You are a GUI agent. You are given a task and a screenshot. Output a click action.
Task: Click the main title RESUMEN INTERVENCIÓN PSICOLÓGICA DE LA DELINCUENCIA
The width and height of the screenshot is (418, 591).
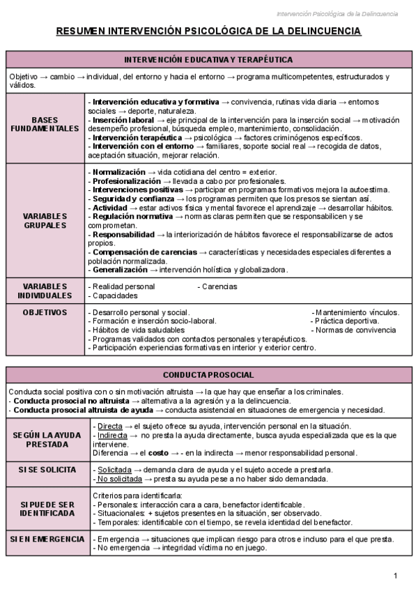(208, 31)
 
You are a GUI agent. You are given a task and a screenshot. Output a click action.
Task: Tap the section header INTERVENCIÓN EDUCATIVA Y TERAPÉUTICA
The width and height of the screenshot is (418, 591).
(208, 60)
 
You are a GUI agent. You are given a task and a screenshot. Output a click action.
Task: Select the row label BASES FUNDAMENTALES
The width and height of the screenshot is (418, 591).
(45, 124)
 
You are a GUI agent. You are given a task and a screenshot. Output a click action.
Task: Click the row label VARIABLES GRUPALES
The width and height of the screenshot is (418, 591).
(45, 220)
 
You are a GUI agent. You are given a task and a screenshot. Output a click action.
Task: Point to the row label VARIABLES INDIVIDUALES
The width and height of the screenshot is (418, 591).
(45, 291)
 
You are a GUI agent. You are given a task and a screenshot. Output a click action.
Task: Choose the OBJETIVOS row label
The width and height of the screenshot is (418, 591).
(45, 313)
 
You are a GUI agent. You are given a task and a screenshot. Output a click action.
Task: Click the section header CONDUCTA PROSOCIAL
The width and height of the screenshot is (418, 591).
(208, 375)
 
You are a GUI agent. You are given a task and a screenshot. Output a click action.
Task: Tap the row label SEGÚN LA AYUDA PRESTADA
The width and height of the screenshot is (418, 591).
(47, 439)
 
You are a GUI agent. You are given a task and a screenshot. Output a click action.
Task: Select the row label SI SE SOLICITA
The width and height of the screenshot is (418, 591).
(47, 470)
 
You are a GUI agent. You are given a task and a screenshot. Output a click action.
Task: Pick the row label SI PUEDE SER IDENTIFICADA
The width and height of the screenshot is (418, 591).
(47, 508)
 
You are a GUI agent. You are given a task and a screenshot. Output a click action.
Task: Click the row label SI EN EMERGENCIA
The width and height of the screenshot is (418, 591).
(47, 539)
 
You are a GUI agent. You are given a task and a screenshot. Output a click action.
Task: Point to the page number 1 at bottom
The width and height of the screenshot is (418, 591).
(395, 576)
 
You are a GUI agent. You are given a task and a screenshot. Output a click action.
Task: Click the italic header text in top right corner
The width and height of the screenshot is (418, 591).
(337, 14)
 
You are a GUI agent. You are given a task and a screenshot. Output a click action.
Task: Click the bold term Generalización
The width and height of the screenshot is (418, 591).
(120, 270)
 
